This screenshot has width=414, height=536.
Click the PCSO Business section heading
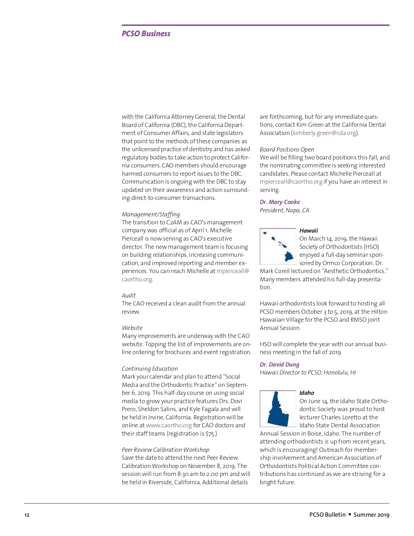coord(146,33)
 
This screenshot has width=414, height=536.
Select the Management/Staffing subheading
coord(151,214)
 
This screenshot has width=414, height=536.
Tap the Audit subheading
coord(129,295)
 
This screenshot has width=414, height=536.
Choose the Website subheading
coord(132,328)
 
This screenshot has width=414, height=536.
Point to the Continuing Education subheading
coord(150,369)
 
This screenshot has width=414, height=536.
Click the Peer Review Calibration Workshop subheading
coord(165,450)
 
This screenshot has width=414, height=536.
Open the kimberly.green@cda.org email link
coord(324,133)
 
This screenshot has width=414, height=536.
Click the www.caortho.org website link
coord(169,425)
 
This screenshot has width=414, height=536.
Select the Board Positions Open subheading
coord(287,149)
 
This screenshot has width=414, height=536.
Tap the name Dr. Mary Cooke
coord(280,202)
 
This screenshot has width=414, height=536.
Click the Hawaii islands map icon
coord(278,246)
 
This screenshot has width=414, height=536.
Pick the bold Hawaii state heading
coord(309,231)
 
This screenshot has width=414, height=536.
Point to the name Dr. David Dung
coord(279,364)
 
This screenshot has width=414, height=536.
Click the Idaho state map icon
coord(278,409)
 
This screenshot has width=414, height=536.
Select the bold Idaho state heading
coord(307,393)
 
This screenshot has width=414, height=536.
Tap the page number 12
coord(27,515)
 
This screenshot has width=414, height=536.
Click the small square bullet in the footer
coord(349,514)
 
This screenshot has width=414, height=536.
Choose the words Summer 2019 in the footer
coord(371,515)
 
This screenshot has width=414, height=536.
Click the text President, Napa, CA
coord(284,210)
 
